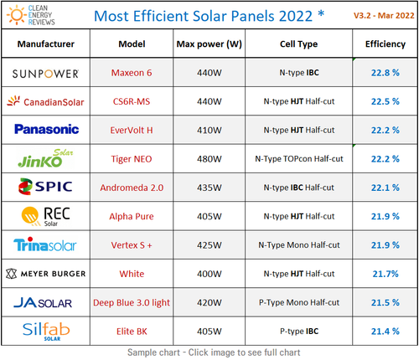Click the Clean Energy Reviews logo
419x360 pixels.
click(x=34, y=15)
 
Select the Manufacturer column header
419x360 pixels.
click(x=44, y=44)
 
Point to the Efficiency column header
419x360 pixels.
click(x=385, y=44)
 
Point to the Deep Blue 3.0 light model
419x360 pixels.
click(x=131, y=301)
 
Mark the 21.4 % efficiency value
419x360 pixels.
click(x=386, y=331)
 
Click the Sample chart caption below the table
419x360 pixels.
click(x=209, y=352)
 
